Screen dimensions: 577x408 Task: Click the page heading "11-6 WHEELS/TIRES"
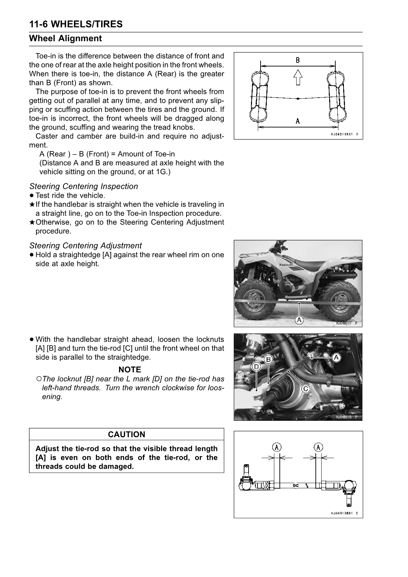click(x=76, y=24)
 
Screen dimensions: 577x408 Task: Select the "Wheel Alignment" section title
click(x=65, y=38)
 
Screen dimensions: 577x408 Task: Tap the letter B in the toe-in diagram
click(x=298, y=60)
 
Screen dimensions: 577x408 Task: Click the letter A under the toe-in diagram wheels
click(x=298, y=121)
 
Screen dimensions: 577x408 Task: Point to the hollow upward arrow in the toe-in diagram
click(x=298, y=77)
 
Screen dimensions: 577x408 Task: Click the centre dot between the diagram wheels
click(x=298, y=99)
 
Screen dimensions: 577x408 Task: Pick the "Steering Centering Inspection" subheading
click(x=84, y=186)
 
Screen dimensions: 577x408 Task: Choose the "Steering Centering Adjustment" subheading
click(x=85, y=246)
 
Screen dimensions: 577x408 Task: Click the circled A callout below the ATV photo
click(x=299, y=320)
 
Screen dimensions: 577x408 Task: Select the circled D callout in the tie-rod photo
click(x=256, y=367)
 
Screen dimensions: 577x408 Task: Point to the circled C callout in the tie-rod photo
click(x=306, y=389)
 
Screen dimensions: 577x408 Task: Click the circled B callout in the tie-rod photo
click(x=268, y=359)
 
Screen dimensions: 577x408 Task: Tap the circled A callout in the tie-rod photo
click(x=336, y=357)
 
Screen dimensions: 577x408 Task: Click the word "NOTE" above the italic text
click(x=130, y=370)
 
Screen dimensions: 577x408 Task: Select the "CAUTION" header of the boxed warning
click(x=127, y=434)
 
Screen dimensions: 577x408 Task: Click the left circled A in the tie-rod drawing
click(x=277, y=447)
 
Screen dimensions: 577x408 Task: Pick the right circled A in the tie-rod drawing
click(x=319, y=447)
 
